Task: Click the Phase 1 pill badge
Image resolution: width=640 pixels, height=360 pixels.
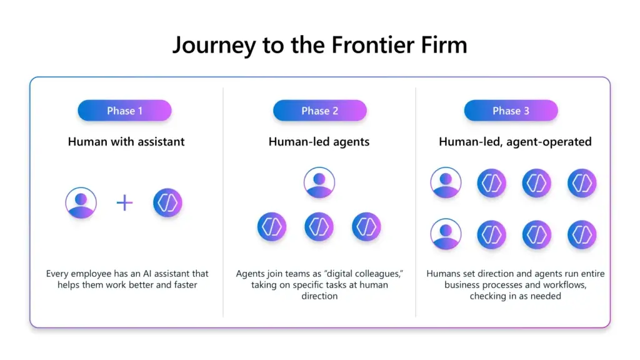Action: (124, 111)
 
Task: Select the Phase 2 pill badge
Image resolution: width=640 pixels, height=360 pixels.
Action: (319, 111)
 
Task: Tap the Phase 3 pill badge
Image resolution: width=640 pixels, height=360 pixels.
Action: (511, 111)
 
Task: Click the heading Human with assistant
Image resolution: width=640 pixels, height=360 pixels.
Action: (126, 142)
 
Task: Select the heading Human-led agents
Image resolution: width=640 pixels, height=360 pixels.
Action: (319, 142)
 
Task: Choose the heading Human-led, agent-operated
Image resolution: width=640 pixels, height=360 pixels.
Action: (515, 142)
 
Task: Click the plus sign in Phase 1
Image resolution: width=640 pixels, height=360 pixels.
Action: (125, 202)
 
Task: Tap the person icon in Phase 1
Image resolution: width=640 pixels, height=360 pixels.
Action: (81, 202)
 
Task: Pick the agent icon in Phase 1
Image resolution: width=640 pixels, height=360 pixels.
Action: (167, 202)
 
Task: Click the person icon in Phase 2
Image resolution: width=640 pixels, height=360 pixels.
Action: (319, 182)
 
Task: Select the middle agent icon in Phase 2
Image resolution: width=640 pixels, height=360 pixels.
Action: (319, 227)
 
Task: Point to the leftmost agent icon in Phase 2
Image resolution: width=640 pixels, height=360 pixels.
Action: (272, 227)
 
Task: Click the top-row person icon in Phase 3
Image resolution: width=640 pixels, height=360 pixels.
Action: (446, 183)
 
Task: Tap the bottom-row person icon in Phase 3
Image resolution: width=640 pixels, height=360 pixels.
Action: (446, 234)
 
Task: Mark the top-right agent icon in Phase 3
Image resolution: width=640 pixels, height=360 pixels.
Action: (582, 183)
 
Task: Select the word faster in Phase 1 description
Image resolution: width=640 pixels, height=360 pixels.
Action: (184, 285)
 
